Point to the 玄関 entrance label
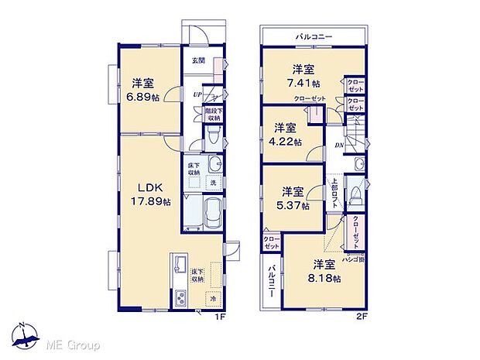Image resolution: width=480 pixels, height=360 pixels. [198, 61]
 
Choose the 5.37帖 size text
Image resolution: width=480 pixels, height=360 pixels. [295, 206]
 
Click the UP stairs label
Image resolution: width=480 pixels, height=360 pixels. [198, 94]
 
